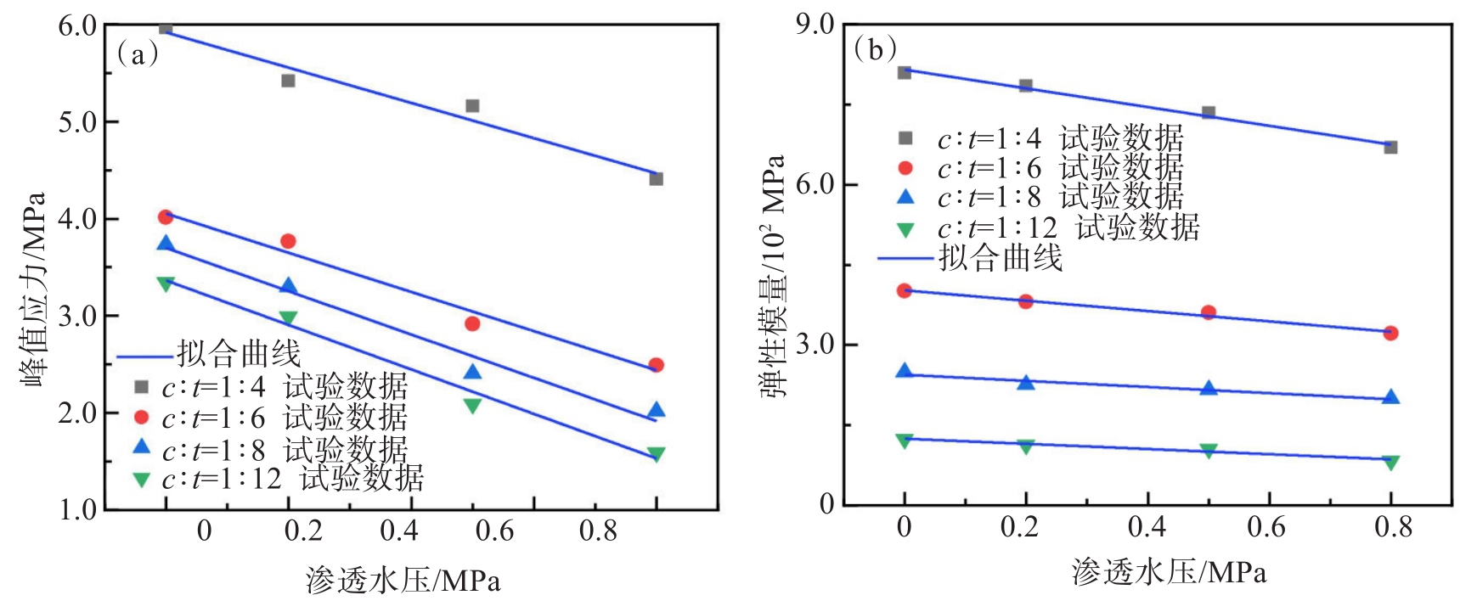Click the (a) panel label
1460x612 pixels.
point(137,54)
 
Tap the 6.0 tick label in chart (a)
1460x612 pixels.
point(77,26)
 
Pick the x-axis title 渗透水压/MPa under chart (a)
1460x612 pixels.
point(403,581)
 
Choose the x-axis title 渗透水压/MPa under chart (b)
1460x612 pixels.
point(1169,572)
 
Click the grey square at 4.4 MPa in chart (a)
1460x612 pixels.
point(656,179)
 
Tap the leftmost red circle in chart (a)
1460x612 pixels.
point(166,217)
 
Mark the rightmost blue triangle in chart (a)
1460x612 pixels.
point(656,411)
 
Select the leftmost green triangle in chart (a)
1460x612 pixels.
point(166,284)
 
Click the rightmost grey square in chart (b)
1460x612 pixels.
point(1390,148)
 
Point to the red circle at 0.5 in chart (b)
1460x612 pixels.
point(1209,312)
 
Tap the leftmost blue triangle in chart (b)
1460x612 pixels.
point(905,371)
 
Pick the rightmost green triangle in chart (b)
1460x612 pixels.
point(1390,463)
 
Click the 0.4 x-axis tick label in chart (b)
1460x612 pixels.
point(1147,527)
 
